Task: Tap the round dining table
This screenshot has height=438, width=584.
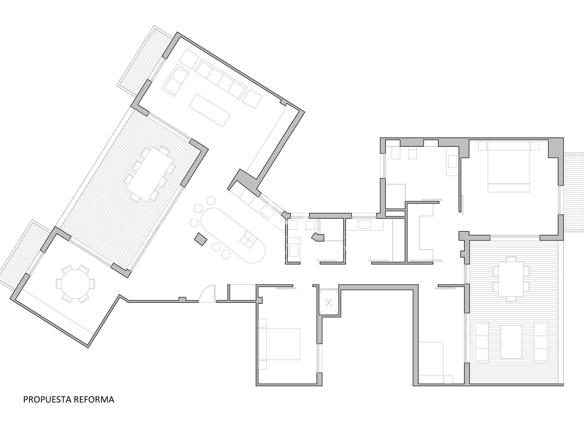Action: (x=75, y=284)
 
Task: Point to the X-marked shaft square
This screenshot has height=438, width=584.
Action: (x=329, y=302)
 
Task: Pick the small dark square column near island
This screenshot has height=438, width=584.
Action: (x=201, y=239)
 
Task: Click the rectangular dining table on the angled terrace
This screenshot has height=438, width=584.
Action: (x=150, y=174)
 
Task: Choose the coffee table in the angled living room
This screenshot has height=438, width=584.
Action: (x=210, y=110)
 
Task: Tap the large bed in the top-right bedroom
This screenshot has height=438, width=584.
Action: (x=508, y=167)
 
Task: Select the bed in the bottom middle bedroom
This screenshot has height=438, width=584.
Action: (x=279, y=344)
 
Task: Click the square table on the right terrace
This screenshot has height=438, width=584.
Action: (x=511, y=279)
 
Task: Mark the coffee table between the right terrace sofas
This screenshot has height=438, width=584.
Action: (x=511, y=342)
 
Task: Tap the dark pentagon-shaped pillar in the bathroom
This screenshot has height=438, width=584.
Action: (x=318, y=237)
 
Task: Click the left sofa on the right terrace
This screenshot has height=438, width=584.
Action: (x=482, y=342)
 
